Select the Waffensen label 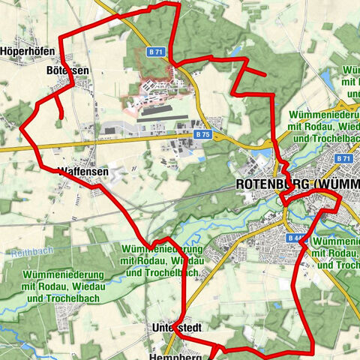(83, 172)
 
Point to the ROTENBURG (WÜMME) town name (297, 184)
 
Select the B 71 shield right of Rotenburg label (344, 159)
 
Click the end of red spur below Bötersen (59, 117)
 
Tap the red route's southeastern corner (310, 349)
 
